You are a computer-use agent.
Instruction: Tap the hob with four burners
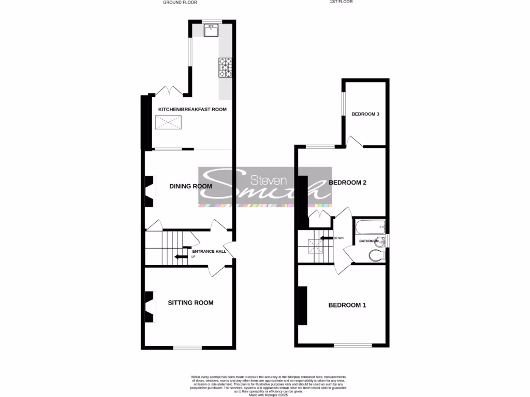(x=226, y=67)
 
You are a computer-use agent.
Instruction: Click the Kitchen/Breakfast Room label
(x=192, y=110)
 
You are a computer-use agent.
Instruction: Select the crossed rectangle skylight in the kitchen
(x=168, y=123)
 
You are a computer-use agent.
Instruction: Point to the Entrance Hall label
(x=209, y=252)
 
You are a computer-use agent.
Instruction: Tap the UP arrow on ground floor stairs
(x=181, y=256)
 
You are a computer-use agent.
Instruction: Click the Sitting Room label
(x=190, y=303)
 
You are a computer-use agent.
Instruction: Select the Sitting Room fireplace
(x=149, y=307)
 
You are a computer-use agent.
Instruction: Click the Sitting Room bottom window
(x=187, y=348)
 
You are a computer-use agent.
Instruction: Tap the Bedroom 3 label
(x=365, y=114)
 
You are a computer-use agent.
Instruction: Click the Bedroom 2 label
(x=348, y=183)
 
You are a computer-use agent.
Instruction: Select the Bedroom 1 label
(x=347, y=306)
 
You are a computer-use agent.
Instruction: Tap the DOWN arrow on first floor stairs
(x=326, y=238)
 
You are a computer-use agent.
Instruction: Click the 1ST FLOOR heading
(x=341, y=2)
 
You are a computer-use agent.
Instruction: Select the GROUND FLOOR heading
(x=179, y=3)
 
